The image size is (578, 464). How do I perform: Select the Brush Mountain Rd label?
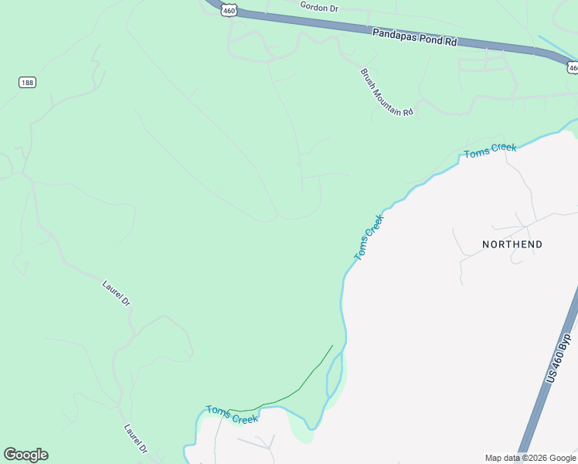(386, 92)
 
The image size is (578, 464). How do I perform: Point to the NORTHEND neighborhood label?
(512, 244)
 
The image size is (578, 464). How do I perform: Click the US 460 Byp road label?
(558, 357)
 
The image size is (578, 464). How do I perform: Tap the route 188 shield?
(28, 82)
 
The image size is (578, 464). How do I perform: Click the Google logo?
(25, 455)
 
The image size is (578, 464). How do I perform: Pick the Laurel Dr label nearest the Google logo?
(135, 438)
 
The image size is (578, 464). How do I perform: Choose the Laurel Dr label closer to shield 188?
(117, 294)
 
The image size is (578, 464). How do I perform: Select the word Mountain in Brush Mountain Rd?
(386, 93)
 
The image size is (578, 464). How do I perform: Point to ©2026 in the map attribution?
(528, 458)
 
